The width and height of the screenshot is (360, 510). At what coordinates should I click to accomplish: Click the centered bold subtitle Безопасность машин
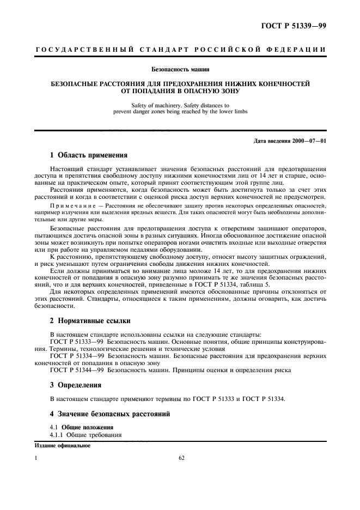click(x=180, y=69)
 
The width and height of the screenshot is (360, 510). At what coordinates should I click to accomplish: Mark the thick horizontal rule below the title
click(x=180, y=131)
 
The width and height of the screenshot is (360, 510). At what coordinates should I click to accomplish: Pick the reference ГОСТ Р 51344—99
click(x=75, y=369)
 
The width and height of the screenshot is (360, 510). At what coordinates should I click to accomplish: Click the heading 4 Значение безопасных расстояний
click(x=110, y=414)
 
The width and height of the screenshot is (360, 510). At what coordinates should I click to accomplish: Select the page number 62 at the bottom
click(x=182, y=458)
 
